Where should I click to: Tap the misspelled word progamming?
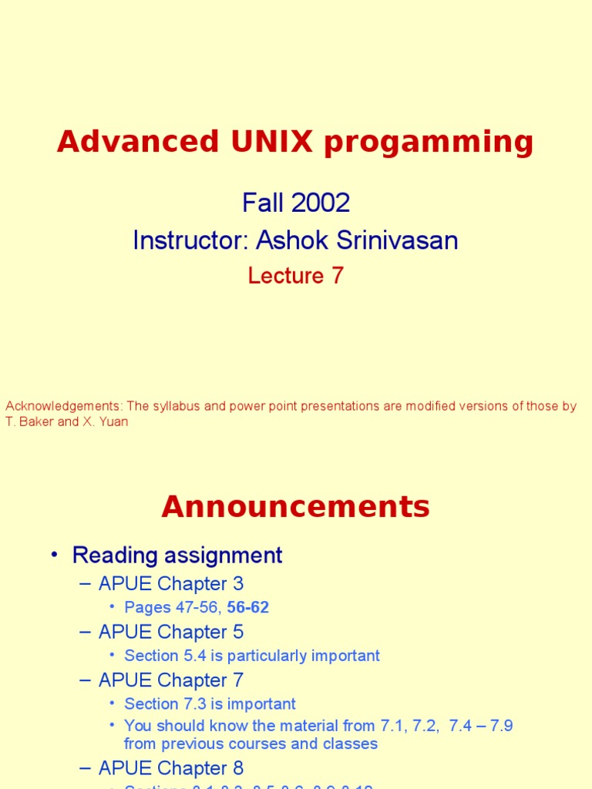(x=428, y=143)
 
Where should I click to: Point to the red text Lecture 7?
(x=295, y=276)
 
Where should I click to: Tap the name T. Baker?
(x=29, y=422)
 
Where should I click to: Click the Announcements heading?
(x=295, y=507)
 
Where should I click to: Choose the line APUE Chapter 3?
(x=171, y=583)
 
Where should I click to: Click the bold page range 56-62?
(x=247, y=607)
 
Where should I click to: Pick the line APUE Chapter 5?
(x=171, y=632)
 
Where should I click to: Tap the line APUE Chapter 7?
(x=171, y=680)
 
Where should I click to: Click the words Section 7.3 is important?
(x=210, y=703)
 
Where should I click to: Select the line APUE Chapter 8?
(x=171, y=768)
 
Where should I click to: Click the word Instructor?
(x=188, y=240)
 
